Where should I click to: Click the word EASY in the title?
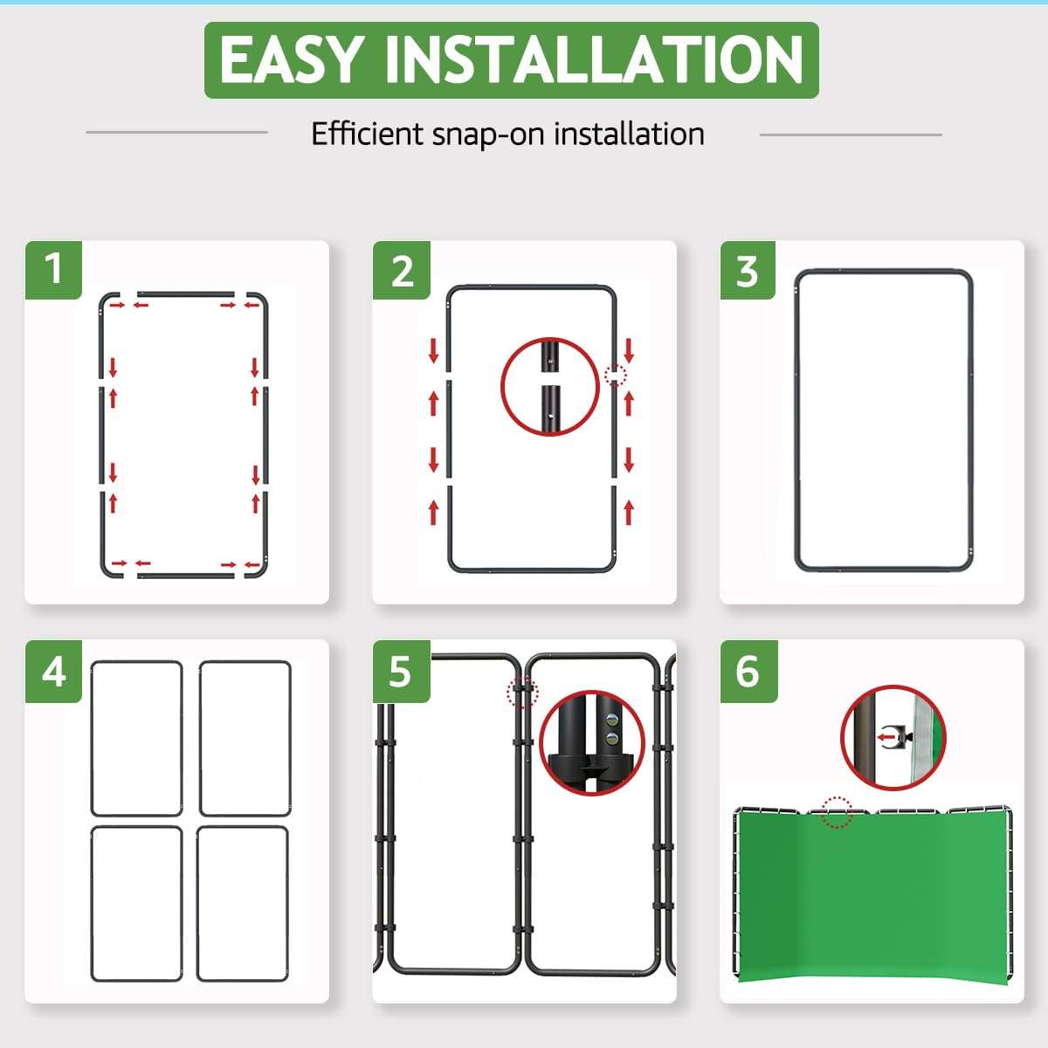pos(292,59)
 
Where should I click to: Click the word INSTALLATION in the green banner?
pos(595,59)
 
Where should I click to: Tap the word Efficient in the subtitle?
pos(367,134)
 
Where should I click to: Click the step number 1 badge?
pos(53,270)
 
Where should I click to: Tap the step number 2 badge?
pos(402,270)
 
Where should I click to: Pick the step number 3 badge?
pos(748,270)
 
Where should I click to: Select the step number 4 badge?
pos(53,671)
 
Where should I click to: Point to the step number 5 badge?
pos(402,671)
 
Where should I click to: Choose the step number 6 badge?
pos(748,671)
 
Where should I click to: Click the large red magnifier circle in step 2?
pos(501,387)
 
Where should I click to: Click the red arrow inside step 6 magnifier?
pos(886,738)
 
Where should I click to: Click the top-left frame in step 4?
pos(92,739)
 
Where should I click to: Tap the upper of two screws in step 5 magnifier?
pos(612,720)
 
